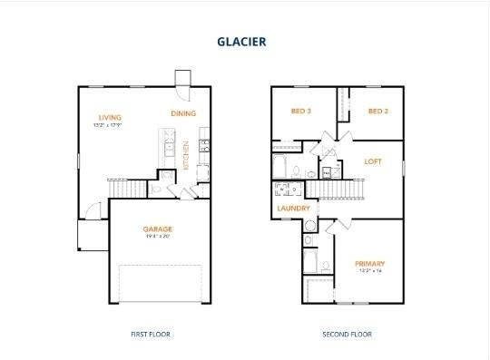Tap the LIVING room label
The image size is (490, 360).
pos(111,117)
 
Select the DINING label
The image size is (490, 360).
pos(183,113)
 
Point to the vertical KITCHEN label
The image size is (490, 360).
pos(187,156)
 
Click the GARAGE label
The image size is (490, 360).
pos(158,229)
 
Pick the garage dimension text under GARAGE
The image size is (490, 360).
pos(158,237)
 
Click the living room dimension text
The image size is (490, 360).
pos(111,125)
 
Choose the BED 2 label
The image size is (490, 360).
pos(378,112)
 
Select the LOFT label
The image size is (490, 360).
pos(373,161)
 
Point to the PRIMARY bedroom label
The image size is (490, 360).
pos(369,264)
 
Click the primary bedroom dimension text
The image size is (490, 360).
pos(369,271)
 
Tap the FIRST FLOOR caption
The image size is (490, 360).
pos(150,334)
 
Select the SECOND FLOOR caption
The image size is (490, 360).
pos(347,334)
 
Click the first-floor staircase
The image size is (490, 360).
pos(127,188)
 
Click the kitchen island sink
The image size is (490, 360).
pos(168,146)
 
